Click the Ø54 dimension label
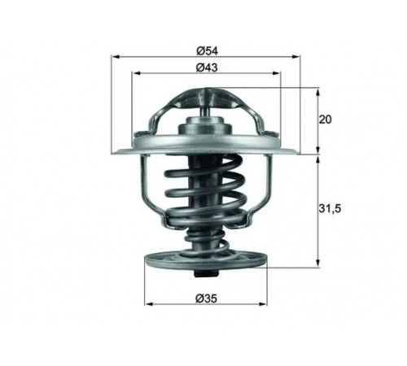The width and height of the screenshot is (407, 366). tap(207, 50)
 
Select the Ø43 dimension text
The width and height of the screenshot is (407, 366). tap(207, 68)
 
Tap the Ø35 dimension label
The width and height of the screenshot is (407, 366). tap(207, 298)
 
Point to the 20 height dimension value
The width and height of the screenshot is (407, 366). tap(325, 120)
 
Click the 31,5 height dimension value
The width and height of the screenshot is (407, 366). tap(330, 208)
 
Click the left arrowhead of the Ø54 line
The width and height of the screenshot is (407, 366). tap(116, 57)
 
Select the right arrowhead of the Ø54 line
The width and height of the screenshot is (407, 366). tap(295, 57)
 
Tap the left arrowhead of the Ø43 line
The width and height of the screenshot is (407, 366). tap(136, 73)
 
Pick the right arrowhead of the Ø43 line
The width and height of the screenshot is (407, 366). tap(276, 73)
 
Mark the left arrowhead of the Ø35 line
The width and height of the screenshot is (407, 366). tap(149, 304)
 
